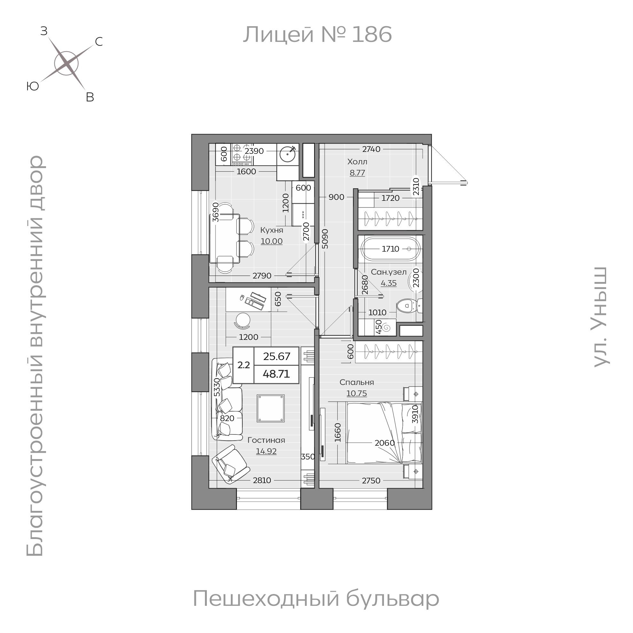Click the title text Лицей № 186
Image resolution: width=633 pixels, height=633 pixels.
coord(317,35)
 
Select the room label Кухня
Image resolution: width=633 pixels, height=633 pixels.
coord(272,230)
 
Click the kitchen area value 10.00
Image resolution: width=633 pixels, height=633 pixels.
coord(272,241)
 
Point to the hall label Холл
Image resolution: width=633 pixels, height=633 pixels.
coord(357,161)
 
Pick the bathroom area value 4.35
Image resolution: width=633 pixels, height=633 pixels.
coord(388,283)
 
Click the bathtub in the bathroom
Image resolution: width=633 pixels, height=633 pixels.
coord(390,249)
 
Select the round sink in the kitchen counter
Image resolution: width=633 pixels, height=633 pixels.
coord(287,154)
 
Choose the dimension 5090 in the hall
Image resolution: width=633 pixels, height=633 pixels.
coord(325,239)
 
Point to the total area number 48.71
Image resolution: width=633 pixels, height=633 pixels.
coord(276,374)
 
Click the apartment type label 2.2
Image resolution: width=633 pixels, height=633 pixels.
coord(243,365)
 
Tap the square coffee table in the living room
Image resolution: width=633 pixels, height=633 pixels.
coord(271,408)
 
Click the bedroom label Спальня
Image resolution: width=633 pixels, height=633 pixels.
coord(356,382)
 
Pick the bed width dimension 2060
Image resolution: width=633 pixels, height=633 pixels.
coord(385,443)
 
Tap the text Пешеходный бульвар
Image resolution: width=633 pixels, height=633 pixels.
coord(316,598)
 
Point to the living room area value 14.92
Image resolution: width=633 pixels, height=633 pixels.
coord(266,451)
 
